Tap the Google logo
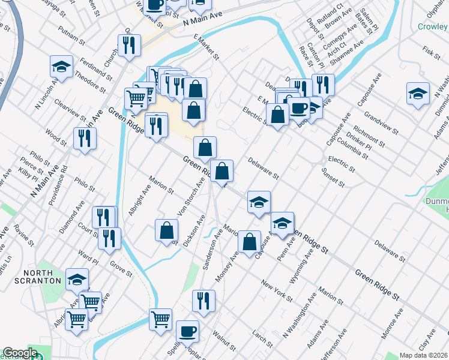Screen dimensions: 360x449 pyautogui.click(x=20, y=353)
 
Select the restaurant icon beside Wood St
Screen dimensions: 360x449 pyautogui.click(x=85, y=139)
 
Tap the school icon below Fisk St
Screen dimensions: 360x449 pyautogui.click(x=418, y=93)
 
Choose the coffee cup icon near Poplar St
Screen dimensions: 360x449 pyautogui.click(x=187, y=331)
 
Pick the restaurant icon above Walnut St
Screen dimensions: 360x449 pyautogui.click(x=203, y=301)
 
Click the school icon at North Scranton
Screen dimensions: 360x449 pyautogui.click(x=77, y=279)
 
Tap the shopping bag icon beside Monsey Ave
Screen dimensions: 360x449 pyautogui.click(x=249, y=241)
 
